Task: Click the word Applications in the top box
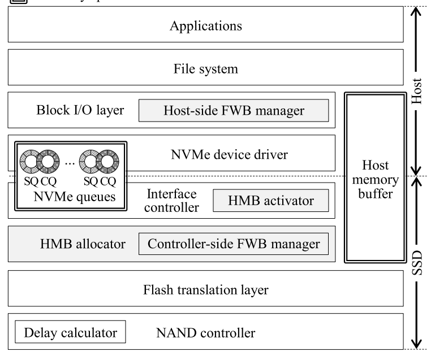(x=206, y=26)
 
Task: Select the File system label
(x=206, y=69)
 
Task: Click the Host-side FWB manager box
(x=234, y=111)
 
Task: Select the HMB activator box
(x=271, y=200)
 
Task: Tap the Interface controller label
(x=171, y=201)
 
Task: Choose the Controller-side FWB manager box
(x=234, y=244)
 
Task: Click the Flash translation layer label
(x=206, y=290)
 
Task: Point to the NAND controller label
(x=205, y=332)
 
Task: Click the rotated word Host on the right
(x=417, y=91)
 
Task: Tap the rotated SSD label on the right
(x=417, y=263)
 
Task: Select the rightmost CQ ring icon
(x=108, y=161)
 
